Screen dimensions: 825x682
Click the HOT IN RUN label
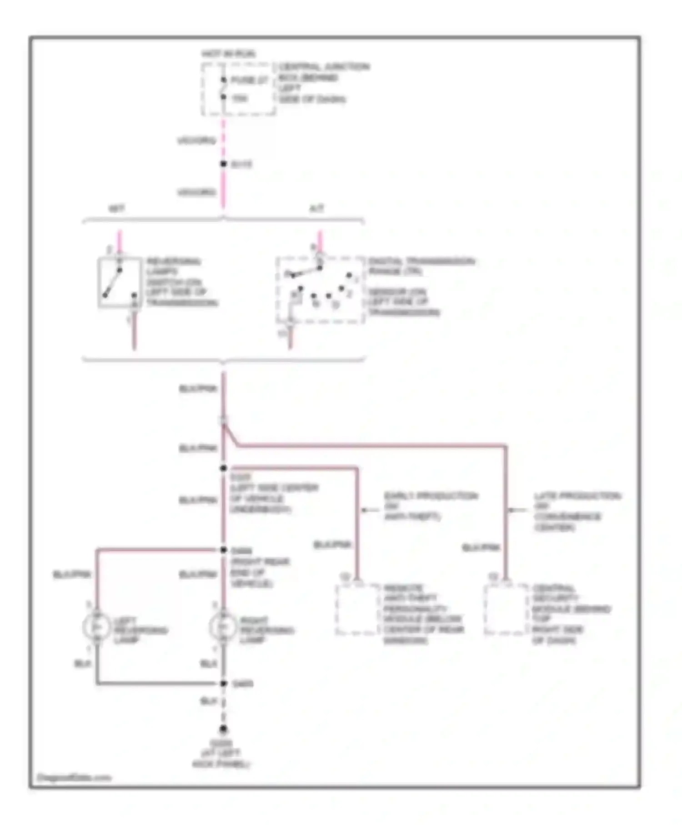(x=229, y=54)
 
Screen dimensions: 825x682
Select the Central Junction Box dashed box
(x=238, y=89)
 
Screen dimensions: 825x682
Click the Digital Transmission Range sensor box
(x=320, y=291)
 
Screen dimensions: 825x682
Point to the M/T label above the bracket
(x=116, y=209)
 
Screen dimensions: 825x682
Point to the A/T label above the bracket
(x=316, y=209)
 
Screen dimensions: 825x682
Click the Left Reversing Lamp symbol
(x=96, y=628)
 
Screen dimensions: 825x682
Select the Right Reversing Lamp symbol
(x=223, y=628)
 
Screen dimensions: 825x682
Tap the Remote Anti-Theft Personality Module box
(x=358, y=609)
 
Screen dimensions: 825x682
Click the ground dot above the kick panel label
(x=223, y=729)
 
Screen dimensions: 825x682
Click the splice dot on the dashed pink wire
(x=223, y=164)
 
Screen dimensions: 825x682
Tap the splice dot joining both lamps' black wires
(x=223, y=684)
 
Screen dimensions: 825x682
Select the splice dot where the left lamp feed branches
(x=223, y=550)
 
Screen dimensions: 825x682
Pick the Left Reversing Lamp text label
(x=140, y=630)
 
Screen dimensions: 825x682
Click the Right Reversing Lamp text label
(x=266, y=630)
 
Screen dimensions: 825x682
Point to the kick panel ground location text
(x=221, y=754)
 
